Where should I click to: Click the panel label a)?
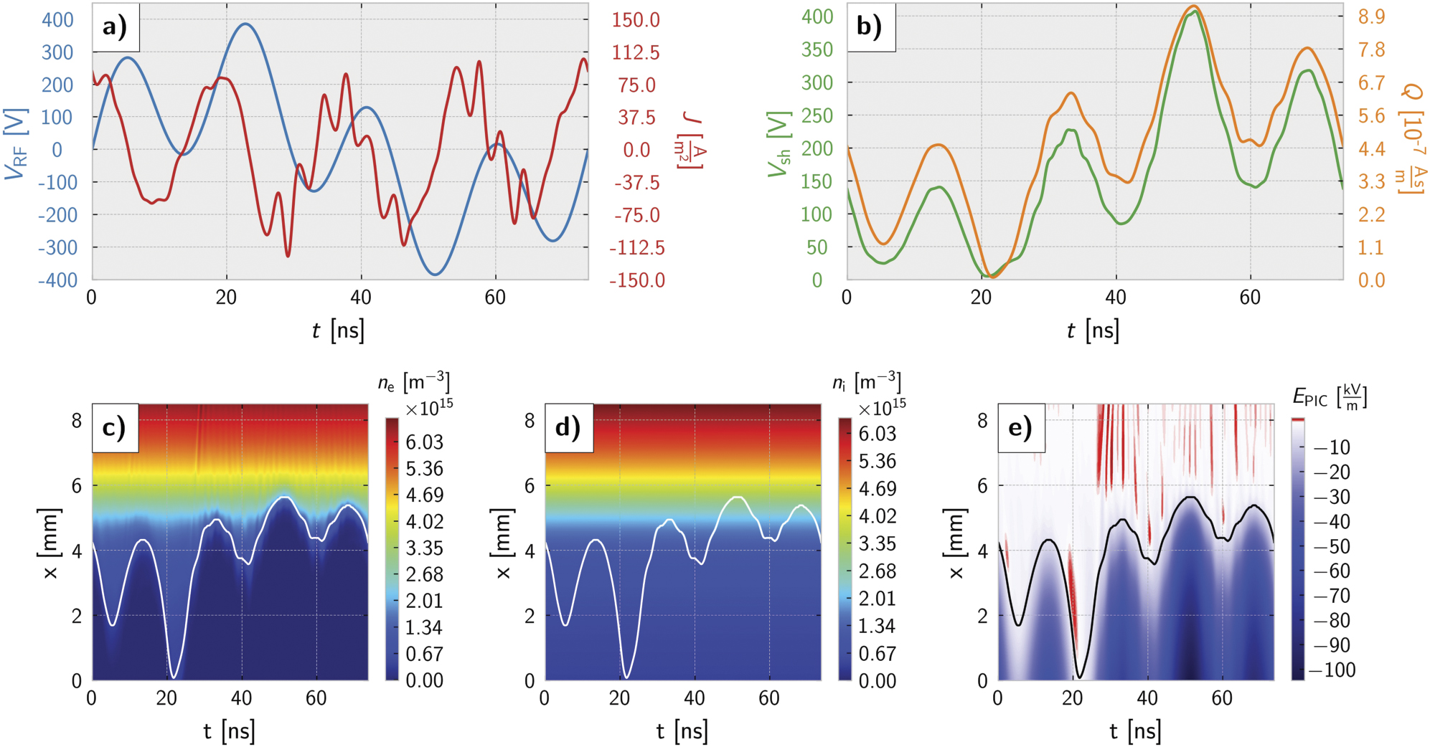click(115, 27)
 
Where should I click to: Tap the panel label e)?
click(1020, 428)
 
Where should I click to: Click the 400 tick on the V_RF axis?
click(57, 19)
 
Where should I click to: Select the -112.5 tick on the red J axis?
click(636, 248)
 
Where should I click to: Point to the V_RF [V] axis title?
click(16, 143)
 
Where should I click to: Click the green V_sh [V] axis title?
click(779, 143)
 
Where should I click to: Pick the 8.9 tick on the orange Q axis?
click(1371, 16)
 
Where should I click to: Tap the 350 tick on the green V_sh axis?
click(817, 49)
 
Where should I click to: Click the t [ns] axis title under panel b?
click(1092, 330)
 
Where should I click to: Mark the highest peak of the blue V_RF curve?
click(246, 24)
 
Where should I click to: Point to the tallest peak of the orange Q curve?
click(1193, 6)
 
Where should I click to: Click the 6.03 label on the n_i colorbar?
click(877, 434)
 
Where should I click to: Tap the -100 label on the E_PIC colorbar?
click(1332, 670)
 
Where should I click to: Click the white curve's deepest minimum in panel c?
click(174, 676)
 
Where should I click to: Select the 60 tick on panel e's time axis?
click(1221, 698)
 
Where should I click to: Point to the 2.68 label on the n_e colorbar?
click(424, 575)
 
